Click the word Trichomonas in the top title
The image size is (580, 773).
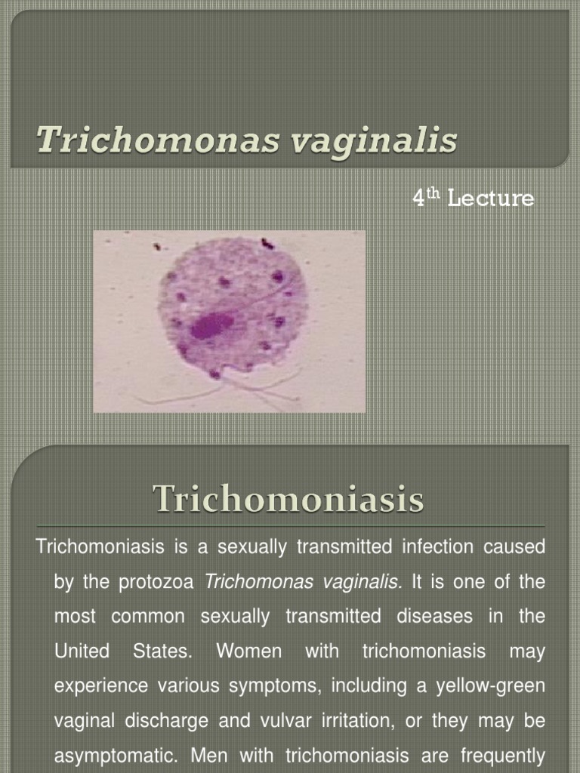click(x=159, y=139)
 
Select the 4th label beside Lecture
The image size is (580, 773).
click(x=426, y=197)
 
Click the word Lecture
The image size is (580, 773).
click(x=490, y=199)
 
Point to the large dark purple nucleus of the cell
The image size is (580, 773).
click(x=212, y=326)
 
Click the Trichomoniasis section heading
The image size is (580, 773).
click(x=288, y=498)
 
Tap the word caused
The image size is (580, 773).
click(x=514, y=547)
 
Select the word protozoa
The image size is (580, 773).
click(x=156, y=582)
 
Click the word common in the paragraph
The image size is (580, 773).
click(x=148, y=617)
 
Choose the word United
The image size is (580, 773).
click(x=82, y=651)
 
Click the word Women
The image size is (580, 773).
click(x=249, y=651)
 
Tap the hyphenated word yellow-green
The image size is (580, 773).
click(x=491, y=686)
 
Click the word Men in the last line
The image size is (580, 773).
click(x=207, y=756)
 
